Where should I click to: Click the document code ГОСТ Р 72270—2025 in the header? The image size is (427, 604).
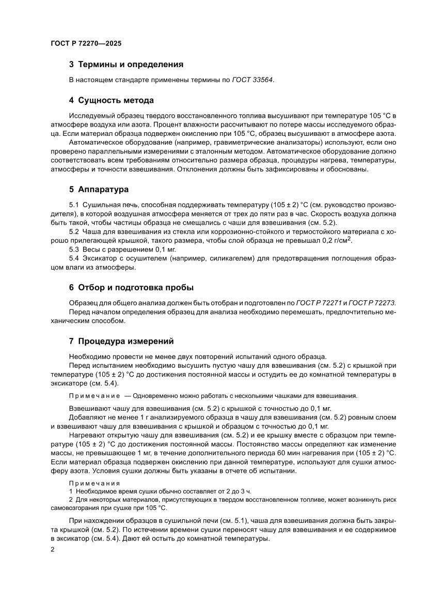[86, 44]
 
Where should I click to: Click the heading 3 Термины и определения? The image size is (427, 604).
[126, 65]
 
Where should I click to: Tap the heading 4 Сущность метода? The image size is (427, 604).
[112, 100]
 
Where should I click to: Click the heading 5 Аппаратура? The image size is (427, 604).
[99, 189]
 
